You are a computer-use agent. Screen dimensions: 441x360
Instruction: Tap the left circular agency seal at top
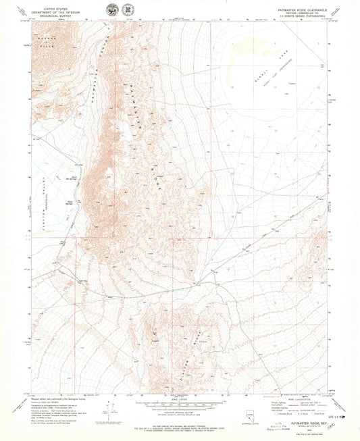point(111,11)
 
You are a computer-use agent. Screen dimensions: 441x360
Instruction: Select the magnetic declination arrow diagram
point(107,409)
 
